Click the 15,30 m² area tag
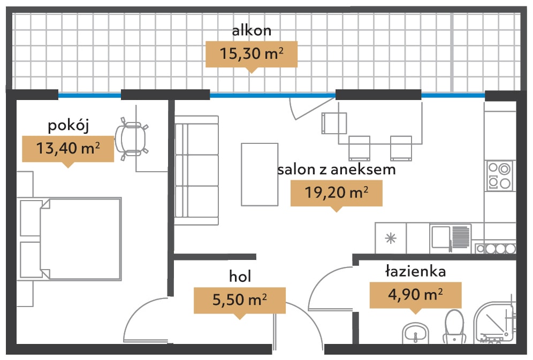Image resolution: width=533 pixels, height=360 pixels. click(252, 55)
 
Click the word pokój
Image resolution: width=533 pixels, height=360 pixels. click(68, 126)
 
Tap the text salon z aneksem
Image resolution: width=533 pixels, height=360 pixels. click(337, 170)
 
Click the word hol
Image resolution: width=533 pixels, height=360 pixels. click(240, 277)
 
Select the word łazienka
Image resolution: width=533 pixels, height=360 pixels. click(415, 271)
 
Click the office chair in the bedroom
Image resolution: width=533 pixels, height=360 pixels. click(131, 139)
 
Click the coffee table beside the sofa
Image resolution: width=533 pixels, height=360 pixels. click(260, 174)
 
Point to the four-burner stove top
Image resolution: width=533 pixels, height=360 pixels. click(499, 175)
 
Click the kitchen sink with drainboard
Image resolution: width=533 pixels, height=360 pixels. click(450, 238)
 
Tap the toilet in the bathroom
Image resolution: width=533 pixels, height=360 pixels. click(454, 327)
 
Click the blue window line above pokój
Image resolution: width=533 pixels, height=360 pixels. click(90, 95)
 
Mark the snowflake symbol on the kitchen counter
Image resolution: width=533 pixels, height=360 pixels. click(391, 238)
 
